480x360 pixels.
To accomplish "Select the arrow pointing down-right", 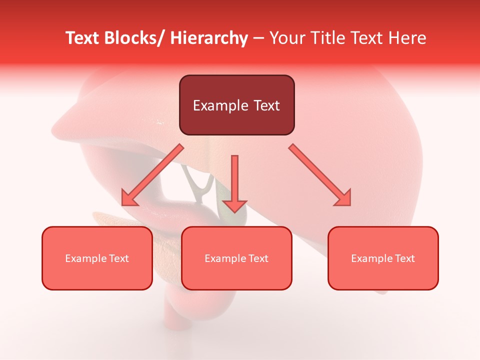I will [320, 175].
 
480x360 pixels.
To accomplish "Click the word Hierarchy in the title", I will [209, 38].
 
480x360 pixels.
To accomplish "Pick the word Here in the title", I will [406, 38].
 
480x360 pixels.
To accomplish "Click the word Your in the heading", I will [287, 38].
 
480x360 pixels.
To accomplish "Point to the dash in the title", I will [258, 38].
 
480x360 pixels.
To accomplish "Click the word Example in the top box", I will [220, 105].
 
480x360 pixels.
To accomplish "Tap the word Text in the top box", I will [265, 105].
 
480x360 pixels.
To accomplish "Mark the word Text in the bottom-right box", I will [404, 258].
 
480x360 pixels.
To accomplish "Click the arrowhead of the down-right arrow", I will [344, 199].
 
